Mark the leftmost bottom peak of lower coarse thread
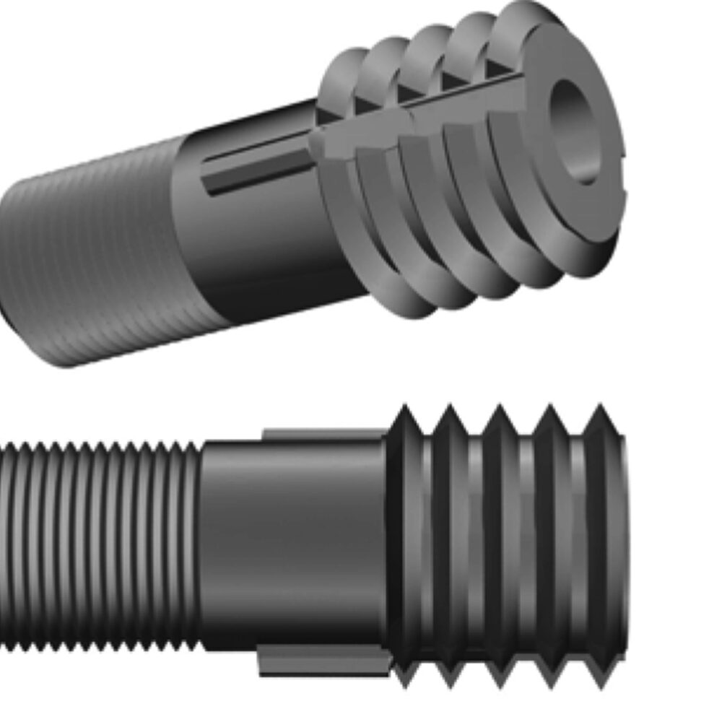pyautogui.click(x=406, y=679)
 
